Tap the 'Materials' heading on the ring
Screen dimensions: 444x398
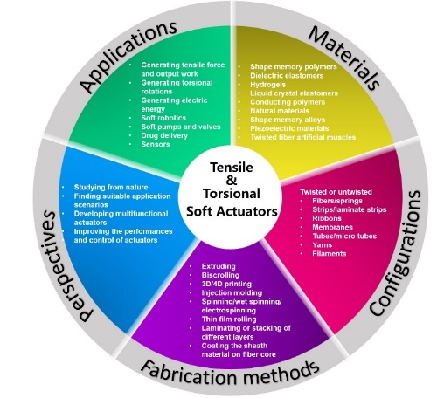click(344, 58)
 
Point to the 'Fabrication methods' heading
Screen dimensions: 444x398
click(230, 373)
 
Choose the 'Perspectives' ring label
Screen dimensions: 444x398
click(67, 265)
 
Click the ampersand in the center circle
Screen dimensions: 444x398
click(232, 181)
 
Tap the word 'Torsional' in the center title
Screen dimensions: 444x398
click(232, 194)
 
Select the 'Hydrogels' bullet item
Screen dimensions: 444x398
click(267, 85)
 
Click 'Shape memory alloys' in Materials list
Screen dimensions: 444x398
click(288, 120)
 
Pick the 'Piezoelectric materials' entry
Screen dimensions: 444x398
click(289, 128)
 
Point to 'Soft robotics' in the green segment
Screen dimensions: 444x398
click(163, 118)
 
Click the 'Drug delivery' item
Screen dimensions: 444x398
click(164, 135)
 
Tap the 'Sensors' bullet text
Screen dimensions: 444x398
click(156, 144)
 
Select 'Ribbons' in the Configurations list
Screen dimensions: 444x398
click(327, 218)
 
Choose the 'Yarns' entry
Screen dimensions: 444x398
click(323, 245)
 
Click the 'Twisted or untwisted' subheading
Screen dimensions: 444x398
click(336, 192)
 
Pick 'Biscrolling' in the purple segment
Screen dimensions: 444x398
click(220, 275)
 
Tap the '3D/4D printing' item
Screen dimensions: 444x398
click(226, 284)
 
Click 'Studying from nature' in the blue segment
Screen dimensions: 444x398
click(111, 187)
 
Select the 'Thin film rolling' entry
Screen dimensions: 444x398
click(229, 319)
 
